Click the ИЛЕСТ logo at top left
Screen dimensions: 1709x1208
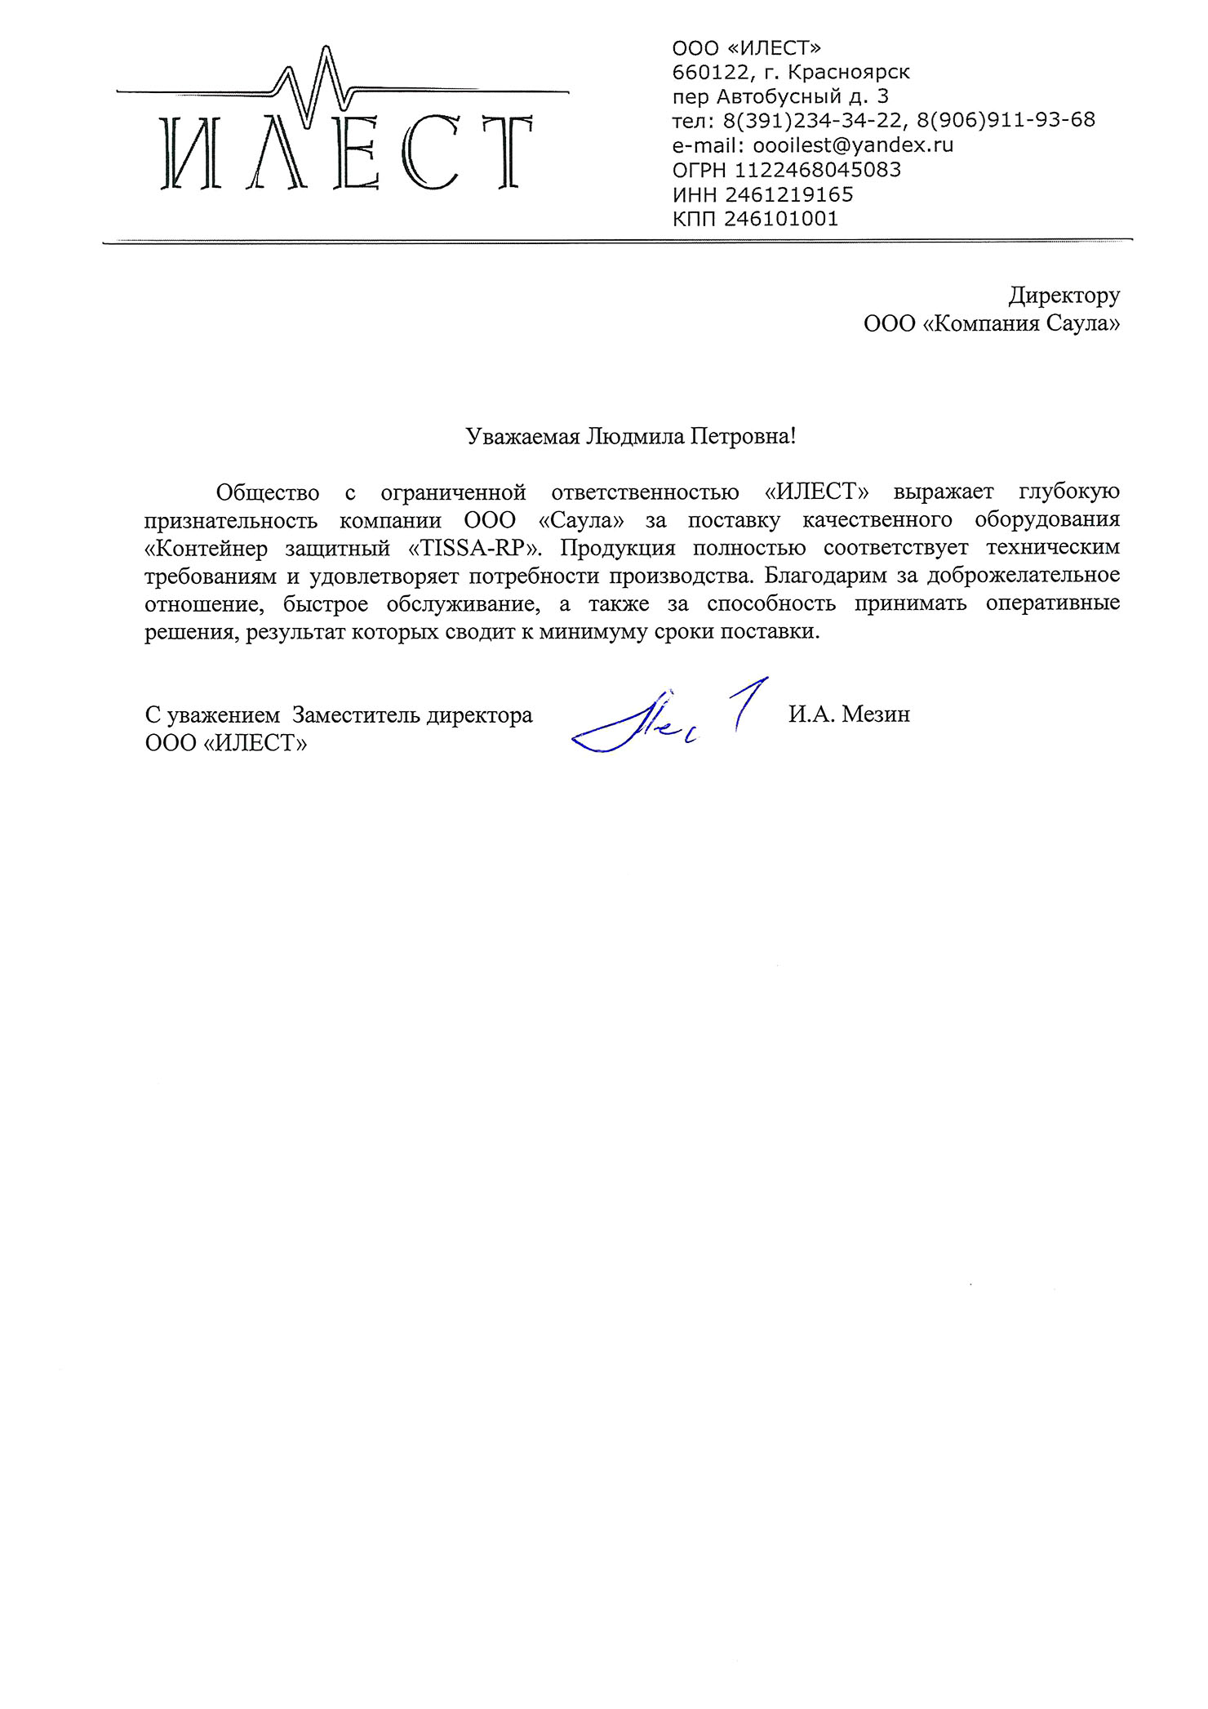point(343,131)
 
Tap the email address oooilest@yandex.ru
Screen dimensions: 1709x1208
point(853,145)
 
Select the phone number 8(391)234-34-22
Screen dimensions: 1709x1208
point(813,121)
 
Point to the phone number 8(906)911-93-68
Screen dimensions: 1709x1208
point(1006,121)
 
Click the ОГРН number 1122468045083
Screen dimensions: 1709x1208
point(818,170)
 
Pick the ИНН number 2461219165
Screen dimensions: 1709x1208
point(788,194)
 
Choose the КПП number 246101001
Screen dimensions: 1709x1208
point(781,219)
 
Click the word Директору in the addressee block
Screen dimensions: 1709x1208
point(1064,295)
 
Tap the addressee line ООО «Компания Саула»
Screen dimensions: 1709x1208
point(992,323)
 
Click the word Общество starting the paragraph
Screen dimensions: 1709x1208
point(267,492)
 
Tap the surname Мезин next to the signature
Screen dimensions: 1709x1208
point(876,714)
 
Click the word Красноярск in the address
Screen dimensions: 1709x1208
point(849,73)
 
